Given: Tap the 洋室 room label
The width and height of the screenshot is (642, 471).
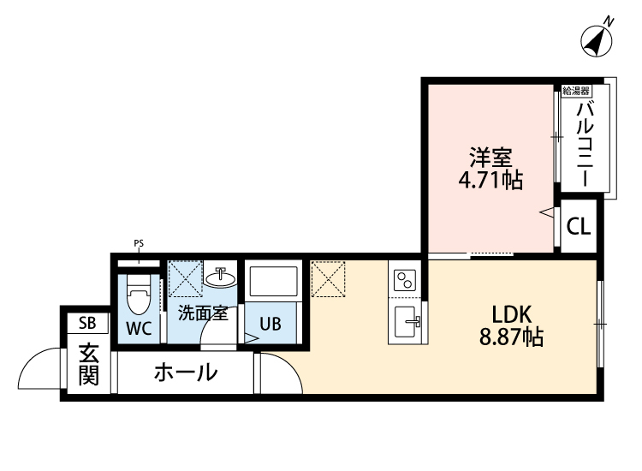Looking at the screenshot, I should pyautogui.click(x=490, y=158).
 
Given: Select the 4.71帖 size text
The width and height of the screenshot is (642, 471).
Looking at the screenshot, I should pyautogui.click(x=490, y=181).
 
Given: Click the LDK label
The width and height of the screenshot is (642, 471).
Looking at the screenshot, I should pyautogui.click(x=510, y=313).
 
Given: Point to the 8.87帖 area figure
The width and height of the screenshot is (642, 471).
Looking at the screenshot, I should pyautogui.click(x=510, y=337).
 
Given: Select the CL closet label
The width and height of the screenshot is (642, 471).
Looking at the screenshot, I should pyautogui.click(x=579, y=227).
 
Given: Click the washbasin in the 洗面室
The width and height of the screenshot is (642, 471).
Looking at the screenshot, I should pyautogui.click(x=222, y=277).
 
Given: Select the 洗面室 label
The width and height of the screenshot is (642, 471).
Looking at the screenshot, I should pyautogui.click(x=202, y=313).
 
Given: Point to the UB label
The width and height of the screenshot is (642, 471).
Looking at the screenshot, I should pyautogui.click(x=270, y=325).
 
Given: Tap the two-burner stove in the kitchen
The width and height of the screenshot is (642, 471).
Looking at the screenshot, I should pyautogui.click(x=405, y=280).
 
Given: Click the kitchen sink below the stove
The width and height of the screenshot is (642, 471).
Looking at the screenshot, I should pyautogui.click(x=406, y=323).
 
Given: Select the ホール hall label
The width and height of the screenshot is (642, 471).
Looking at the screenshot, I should pyautogui.click(x=185, y=373).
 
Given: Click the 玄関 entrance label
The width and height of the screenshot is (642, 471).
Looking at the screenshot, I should pyautogui.click(x=88, y=363).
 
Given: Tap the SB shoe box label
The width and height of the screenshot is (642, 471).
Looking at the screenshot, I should pyautogui.click(x=87, y=323).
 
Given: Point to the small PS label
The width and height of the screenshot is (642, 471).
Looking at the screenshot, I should pyautogui.click(x=139, y=243).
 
